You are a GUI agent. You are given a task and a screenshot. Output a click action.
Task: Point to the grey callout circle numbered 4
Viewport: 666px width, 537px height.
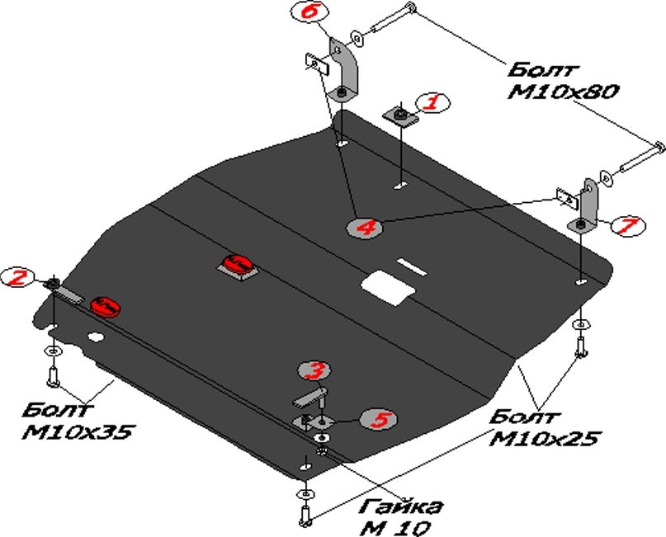pos(365,227)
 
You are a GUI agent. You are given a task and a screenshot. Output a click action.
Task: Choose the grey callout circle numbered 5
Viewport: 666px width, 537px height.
pos(380,420)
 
